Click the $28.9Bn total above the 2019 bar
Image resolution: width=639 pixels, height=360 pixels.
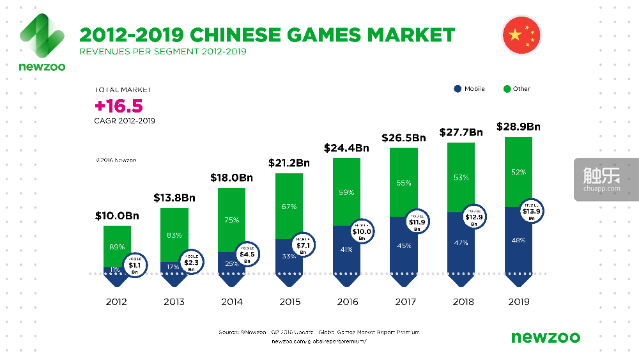pos(518,127)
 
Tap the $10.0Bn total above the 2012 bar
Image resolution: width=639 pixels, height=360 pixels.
pos(117,217)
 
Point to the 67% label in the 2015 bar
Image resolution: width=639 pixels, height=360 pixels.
pos(289,206)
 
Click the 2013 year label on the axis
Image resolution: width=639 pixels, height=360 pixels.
pos(174,302)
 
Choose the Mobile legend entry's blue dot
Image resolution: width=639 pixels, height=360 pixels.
pos(458,89)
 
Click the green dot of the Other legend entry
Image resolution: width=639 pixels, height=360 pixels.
pos(506,89)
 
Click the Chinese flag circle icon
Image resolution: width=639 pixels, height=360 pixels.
pos(521,35)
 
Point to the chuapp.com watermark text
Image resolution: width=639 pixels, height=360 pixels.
pos(602,188)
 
